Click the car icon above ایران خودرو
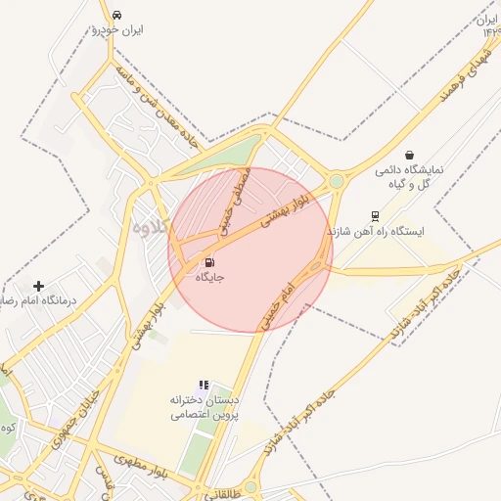pyautogui.click(x=117, y=15)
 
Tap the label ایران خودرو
pyautogui.click(x=117, y=30)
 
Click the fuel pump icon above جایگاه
pyautogui.click(x=209, y=262)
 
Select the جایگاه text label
pyautogui.click(x=209, y=278)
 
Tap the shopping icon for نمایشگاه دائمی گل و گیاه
pyautogui.click(x=409, y=155)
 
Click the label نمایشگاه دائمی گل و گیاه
pyautogui.click(x=409, y=176)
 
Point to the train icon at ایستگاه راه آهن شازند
pyautogui.click(x=375, y=216)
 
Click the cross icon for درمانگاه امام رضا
pyautogui.click(x=38, y=286)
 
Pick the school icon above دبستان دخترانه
pyautogui.click(x=204, y=386)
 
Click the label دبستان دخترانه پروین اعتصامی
pyautogui.click(x=205, y=407)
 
